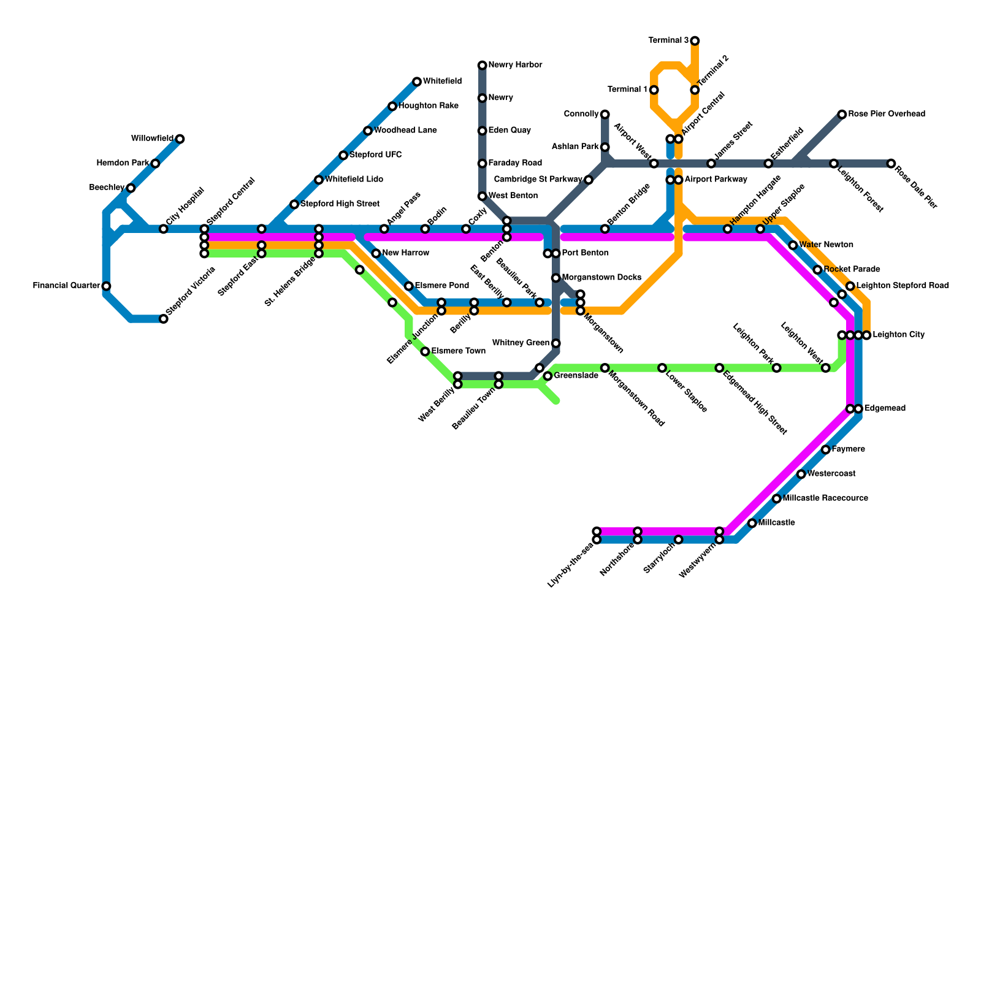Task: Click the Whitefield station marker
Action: click(x=417, y=82)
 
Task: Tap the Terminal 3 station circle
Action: click(x=695, y=41)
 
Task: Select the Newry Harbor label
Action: click(x=515, y=65)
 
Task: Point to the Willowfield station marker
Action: click(x=180, y=139)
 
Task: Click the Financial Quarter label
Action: click(x=67, y=286)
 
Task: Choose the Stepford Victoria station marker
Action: click(x=164, y=319)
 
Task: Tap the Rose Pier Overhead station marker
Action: click(x=842, y=115)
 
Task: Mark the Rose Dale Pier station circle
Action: click(x=891, y=164)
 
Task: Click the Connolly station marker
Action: click(x=605, y=115)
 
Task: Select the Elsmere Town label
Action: click(x=458, y=351)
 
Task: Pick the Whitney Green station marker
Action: click(x=555, y=343)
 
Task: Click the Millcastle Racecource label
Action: click(x=825, y=498)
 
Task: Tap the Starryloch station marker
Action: click(x=678, y=540)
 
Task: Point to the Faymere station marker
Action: click(x=826, y=450)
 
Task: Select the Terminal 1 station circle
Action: click(x=654, y=90)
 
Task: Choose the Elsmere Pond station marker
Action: click(x=409, y=286)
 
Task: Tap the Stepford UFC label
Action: click(x=375, y=155)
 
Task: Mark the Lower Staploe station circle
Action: click(x=662, y=368)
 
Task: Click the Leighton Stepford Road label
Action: click(x=903, y=286)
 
